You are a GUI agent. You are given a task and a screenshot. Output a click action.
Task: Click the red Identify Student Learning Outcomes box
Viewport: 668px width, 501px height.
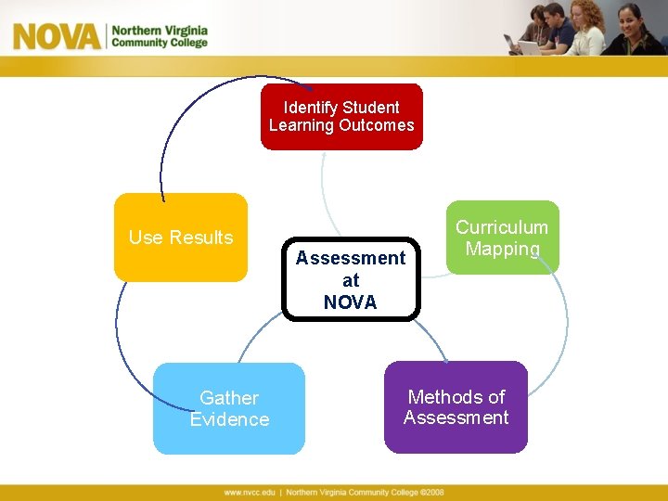[341, 117]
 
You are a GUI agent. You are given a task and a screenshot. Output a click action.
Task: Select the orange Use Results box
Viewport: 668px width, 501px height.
[181, 238]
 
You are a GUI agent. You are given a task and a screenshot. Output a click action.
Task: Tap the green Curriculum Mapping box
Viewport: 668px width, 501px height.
[502, 238]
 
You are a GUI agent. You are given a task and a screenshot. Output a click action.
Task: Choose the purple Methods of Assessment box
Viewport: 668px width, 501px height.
[456, 407]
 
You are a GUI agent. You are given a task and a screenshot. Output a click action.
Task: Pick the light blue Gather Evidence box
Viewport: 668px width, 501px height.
[229, 408]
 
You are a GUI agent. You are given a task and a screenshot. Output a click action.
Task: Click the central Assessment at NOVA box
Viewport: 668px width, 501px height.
[351, 279]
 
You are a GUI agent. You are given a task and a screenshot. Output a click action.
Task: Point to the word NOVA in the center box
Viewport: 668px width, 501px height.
[351, 302]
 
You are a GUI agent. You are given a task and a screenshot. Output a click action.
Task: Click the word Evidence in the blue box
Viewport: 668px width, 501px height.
[229, 419]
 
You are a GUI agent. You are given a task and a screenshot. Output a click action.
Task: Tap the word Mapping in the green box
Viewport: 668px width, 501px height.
[502, 249]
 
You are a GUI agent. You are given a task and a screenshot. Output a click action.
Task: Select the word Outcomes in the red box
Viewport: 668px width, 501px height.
[378, 126]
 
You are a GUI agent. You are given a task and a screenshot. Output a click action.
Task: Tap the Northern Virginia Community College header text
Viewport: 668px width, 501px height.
[160, 36]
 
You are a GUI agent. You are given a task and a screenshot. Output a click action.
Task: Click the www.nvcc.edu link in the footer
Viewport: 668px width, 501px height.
[249, 493]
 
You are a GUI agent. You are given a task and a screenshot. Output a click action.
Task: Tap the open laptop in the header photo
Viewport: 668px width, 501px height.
[530, 46]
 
